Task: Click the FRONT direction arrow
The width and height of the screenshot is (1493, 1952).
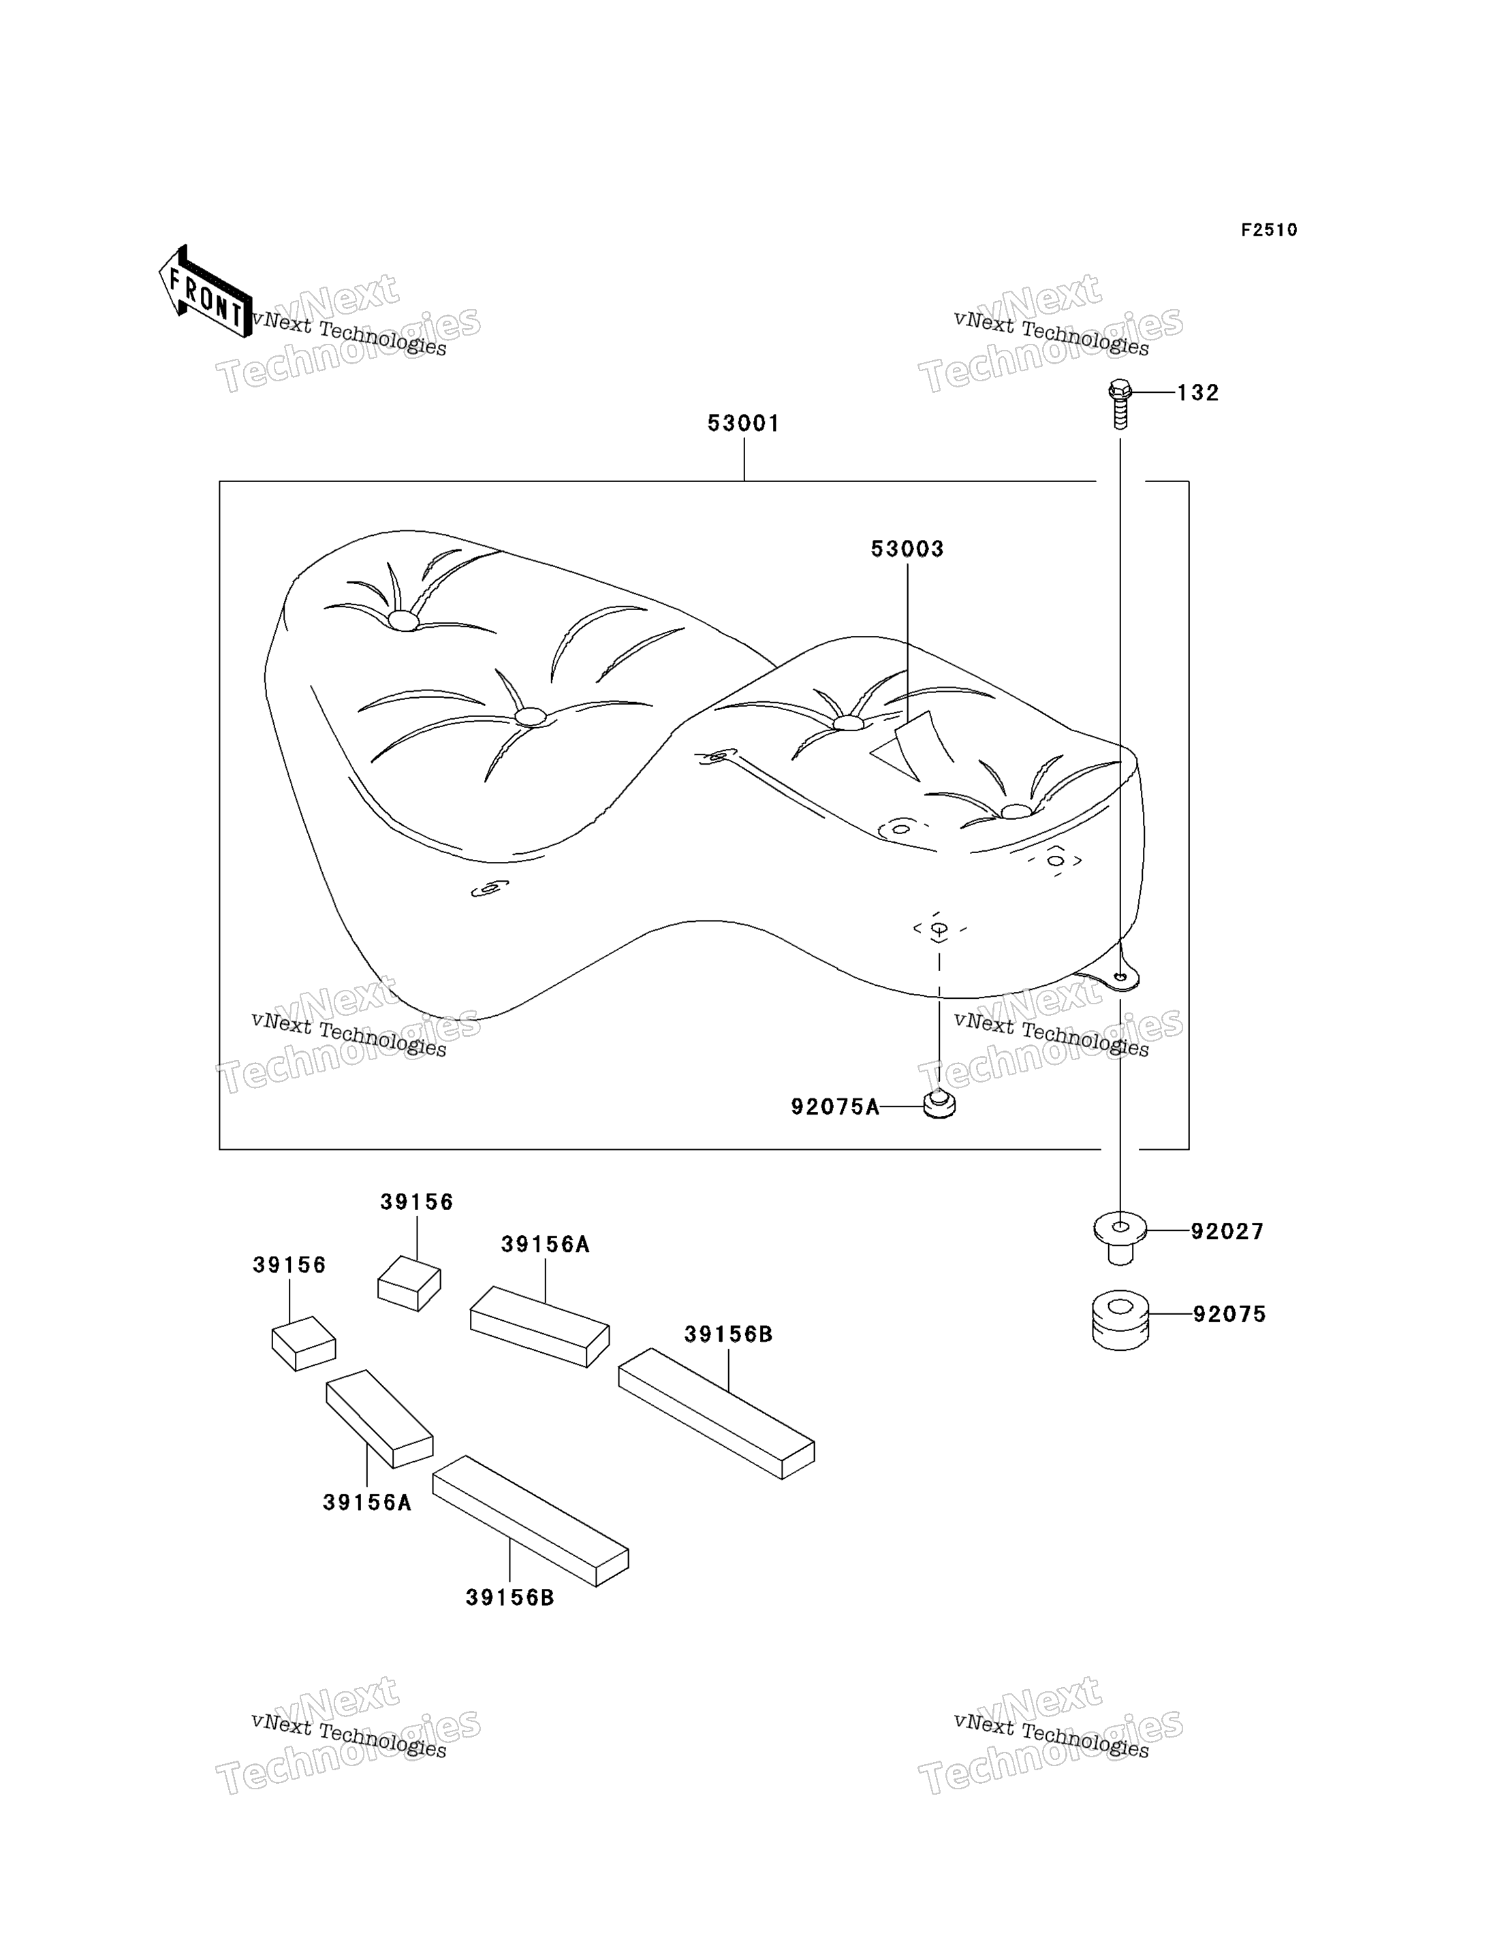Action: [x=205, y=292]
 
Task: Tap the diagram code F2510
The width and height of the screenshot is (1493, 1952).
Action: [x=1269, y=230]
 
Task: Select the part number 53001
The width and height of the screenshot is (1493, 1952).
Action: [x=744, y=423]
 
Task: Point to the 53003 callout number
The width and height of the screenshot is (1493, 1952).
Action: [x=907, y=549]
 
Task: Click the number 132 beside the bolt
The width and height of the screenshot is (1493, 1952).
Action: [x=1198, y=393]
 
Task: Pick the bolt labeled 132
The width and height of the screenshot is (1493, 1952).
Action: [x=1120, y=404]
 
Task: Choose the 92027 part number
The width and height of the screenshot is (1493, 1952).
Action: [x=1227, y=1232]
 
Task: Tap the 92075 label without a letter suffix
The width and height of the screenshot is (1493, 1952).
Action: [x=1229, y=1314]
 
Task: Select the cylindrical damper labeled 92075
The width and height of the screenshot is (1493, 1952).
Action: [x=1120, y=1320]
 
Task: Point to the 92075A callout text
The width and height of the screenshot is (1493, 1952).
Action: [x=835, y=1107]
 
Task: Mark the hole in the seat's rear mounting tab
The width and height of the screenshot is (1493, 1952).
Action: [x=1122, y=977]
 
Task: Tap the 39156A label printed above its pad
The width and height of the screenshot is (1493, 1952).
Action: [x=545, y=1245]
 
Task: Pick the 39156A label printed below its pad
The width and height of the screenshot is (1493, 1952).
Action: [x=367, y=1503]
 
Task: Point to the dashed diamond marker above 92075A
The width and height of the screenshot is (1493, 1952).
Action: [x=939, y=929]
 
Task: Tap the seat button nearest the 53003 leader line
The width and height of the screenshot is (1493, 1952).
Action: [x=849, y=723]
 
